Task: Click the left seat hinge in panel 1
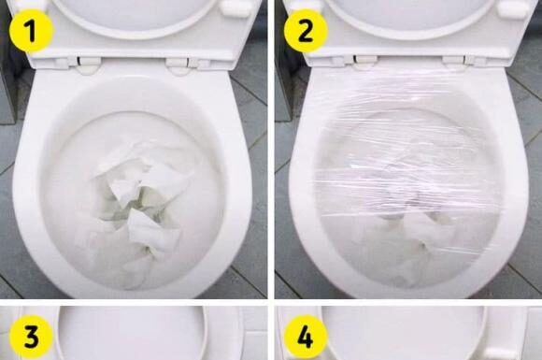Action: point(88,65)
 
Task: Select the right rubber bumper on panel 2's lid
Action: point(512,9)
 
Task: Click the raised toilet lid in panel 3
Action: point(131,327)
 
